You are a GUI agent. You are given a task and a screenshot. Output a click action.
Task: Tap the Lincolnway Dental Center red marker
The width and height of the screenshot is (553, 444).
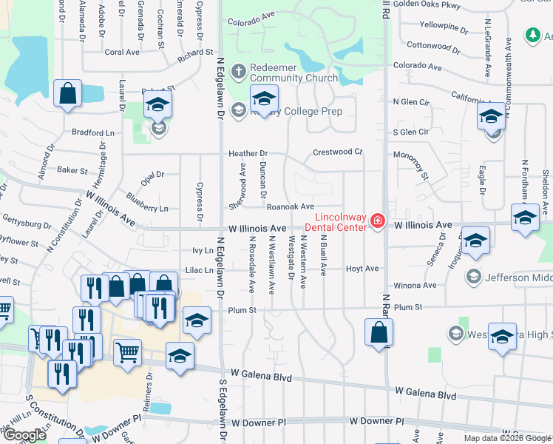[377, 221]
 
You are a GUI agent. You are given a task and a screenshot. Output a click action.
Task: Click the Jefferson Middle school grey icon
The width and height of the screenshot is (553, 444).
[473, 277]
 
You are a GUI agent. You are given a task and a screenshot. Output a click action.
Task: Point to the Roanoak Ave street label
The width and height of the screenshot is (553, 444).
[291, 207]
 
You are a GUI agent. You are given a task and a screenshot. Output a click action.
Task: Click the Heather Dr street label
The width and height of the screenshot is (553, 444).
[247, 153]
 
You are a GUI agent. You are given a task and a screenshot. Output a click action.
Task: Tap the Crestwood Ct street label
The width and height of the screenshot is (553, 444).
[337, 152]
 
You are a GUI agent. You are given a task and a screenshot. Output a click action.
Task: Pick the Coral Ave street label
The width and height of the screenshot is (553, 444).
[122, 52]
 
